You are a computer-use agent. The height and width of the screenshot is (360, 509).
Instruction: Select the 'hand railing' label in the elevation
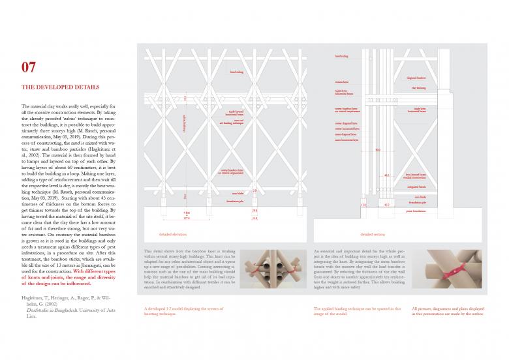[236, 72]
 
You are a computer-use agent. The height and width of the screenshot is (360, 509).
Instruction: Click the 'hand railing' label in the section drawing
[341, 57]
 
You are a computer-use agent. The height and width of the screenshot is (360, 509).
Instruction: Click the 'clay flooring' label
[418, 87]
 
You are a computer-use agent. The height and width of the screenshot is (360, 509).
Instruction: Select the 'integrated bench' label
[417, 187]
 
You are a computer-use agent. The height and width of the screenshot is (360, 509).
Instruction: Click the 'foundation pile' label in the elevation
[236, 201]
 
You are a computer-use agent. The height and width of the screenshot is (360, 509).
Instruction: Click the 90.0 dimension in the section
[377, 150]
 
